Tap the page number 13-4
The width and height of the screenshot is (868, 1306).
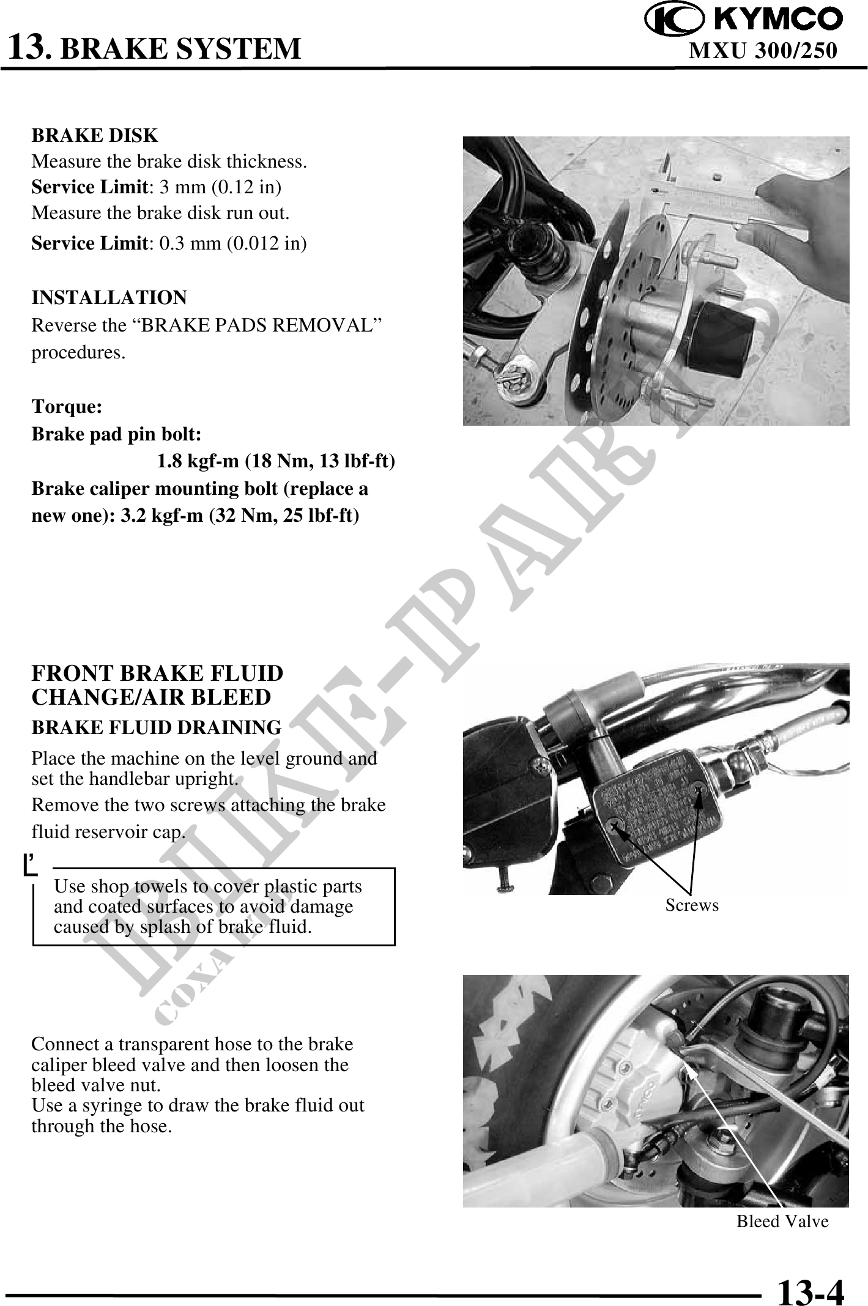pyautogui.click(x=811, y=1290)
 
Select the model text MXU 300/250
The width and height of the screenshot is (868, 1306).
pyautogui.click(x=763, y=50)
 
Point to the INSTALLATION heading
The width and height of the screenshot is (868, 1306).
pyautogui.click(x=109, y=298)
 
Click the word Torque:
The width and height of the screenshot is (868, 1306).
pyautogui.click(x=67, y=407)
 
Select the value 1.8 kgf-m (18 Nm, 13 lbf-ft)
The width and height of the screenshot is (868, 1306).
pyautogui.click(x=276, y=461)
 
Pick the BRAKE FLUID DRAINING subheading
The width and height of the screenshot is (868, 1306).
pyautogui.click(x=157, y=728)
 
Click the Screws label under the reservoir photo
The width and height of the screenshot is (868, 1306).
pyautogui.click(x=692, y=905)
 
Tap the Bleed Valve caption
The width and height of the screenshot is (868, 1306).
pyautogui.click(x=782, y=1222)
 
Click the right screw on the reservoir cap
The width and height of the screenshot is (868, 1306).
pyautogui.click(x=697, y=790)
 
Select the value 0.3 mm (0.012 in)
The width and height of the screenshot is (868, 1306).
pyautogui.click(x=233, y=243)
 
